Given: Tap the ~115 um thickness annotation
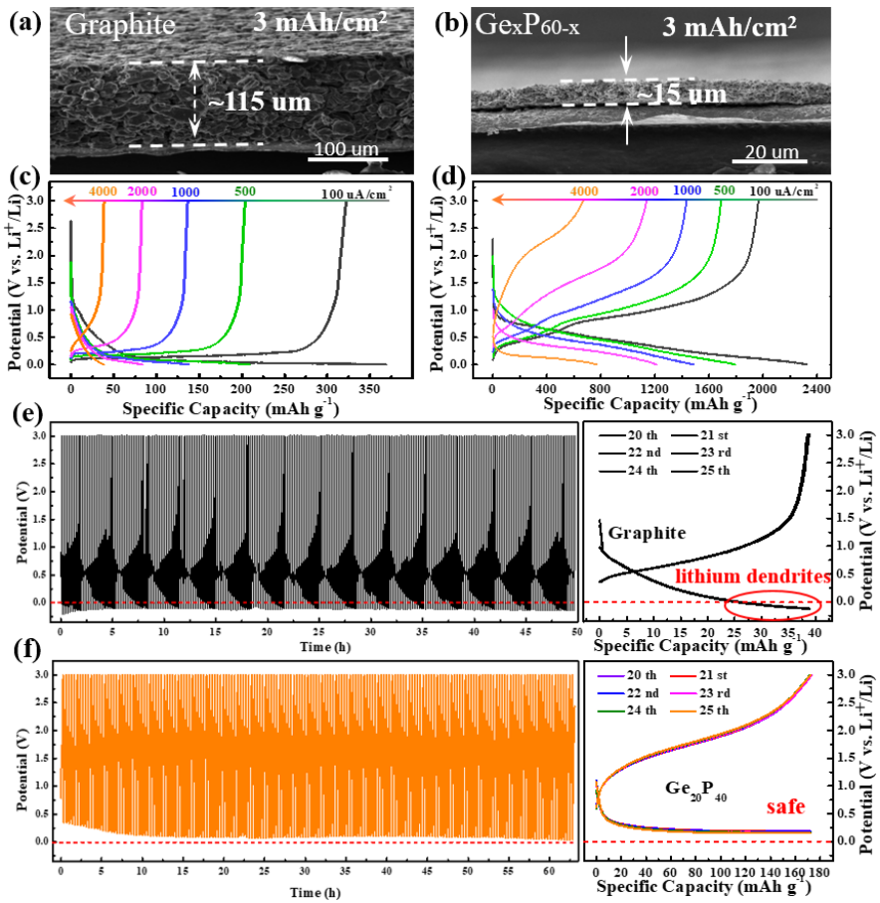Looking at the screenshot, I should [258, 102].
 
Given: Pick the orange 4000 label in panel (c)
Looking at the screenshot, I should [103, 191].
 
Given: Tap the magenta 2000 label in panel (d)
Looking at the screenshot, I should [645, 190].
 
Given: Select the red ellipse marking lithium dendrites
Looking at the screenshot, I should [773, 603].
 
